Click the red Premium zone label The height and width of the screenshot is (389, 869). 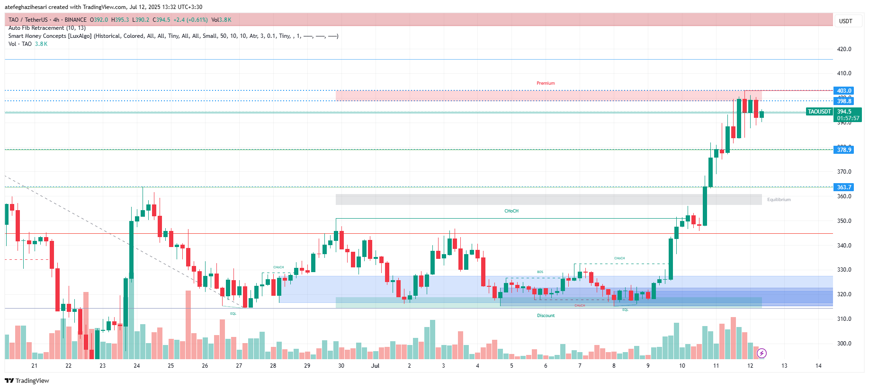[x=546, y=83]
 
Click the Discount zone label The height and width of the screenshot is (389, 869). [x=546, y=316]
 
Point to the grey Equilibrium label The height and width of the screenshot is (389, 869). [x=779, y=200]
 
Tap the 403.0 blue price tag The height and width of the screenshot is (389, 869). [x=843, y=91]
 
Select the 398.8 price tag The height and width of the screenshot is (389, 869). [x=843, y=101]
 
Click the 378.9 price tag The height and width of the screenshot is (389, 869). [x=843, y=150]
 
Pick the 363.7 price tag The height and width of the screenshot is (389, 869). [x=843, y=187]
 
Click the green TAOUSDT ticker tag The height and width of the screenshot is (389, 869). [x=819, y=112]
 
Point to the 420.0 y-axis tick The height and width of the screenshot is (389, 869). [x=844, y=49]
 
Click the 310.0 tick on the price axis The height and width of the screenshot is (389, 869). [x=844, y=319]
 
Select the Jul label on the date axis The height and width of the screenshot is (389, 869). [x=375, y=366]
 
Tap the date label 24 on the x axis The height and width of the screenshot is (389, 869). [x=137, y=366]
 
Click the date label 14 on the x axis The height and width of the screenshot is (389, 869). [x=818, y=366]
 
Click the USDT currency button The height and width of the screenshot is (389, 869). [x=845, y=21]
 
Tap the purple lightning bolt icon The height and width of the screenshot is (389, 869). [x=761, y=353]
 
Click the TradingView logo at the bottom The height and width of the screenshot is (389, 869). [x=27, y=380]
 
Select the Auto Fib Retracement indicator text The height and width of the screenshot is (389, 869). [x=47, y=28]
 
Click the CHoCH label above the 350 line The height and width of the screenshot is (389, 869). [x=511, y=211]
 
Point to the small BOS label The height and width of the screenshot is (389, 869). [x=540, y=272]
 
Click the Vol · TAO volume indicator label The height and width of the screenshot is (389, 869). [x=20, y=44]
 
